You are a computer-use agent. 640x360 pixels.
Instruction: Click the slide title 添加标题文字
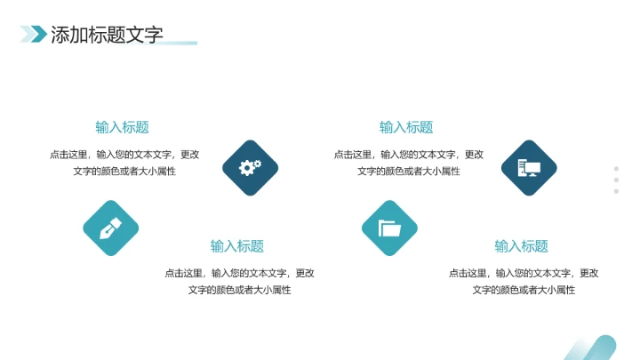point(107,35)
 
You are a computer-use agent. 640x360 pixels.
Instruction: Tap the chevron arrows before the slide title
point(34,34)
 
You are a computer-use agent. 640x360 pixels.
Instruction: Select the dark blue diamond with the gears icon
point(250,167)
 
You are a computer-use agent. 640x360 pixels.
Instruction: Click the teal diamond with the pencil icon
point(111,228)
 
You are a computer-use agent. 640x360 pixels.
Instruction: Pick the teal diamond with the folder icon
point(389,228)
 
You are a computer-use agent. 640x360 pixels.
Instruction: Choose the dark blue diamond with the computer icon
point(529,167)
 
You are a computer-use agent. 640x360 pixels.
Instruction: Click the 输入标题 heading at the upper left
point(122,127)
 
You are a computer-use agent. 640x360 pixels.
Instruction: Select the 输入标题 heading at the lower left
point(237,246)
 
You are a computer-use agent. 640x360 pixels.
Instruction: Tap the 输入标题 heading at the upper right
point(406,127)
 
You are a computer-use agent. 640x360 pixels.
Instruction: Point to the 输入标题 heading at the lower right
point(522,246)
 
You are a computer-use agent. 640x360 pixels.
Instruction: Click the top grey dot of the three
point(616,168)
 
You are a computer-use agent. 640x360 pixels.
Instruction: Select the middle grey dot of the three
point(616,180)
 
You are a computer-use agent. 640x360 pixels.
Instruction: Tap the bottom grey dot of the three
point(616,191)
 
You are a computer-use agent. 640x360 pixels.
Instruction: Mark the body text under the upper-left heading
point(124,163)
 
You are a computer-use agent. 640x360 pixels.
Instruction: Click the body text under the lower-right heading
point(524,282)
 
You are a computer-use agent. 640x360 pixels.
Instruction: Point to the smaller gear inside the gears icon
point(257,164)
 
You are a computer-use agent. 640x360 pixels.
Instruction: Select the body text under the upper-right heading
point(409,163)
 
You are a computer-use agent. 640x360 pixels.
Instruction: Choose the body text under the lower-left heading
point(239,282)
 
